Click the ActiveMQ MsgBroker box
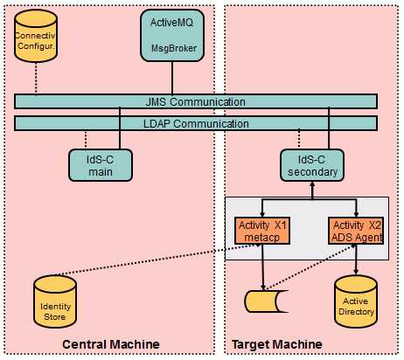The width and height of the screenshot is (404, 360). point(172,36)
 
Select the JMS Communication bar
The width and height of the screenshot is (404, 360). point(196,101)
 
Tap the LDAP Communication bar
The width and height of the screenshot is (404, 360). point(196,123)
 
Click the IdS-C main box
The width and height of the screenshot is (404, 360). point(101,165)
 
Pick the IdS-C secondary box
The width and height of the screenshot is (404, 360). point(312,165)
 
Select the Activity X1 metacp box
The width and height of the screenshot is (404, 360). point(262,231)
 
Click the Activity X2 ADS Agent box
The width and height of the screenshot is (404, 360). point(356,231)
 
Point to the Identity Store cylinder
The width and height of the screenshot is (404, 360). point(55,301)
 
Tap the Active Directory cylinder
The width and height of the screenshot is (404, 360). point(356,301)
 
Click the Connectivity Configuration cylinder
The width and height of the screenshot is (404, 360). point(36,36)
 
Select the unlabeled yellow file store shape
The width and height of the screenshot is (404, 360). point(266,301)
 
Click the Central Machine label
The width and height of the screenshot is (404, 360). point(111,344)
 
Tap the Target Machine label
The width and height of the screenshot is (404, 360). point(277,344)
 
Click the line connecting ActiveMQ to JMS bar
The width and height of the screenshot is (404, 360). point(172,78)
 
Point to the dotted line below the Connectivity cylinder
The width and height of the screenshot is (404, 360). point(36,79)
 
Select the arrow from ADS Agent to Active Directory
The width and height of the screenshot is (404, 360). point(356,260)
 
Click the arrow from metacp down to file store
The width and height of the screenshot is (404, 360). point(262,267)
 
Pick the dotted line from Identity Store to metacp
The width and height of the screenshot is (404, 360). point(157,260)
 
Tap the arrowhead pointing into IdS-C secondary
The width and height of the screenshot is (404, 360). point(312,184)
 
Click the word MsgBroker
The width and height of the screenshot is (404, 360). point(174,48)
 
